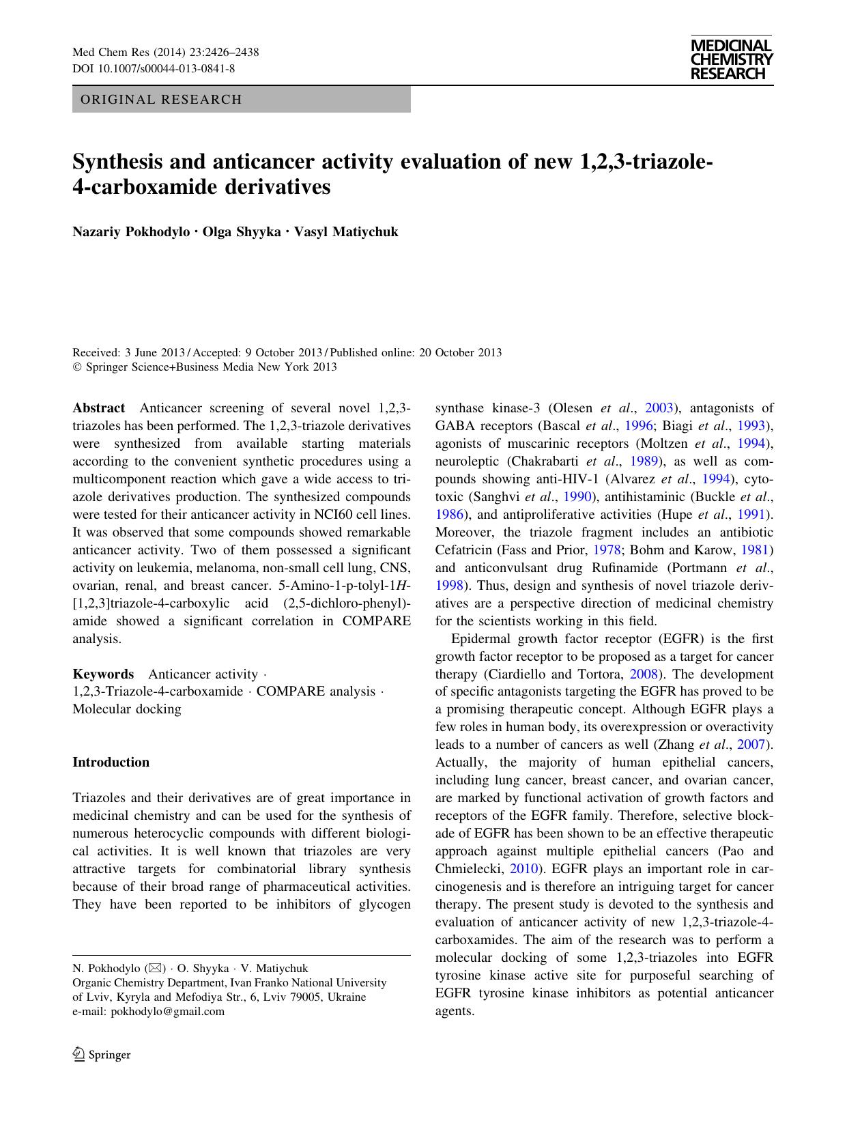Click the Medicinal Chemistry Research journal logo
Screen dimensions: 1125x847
tap(731, 59)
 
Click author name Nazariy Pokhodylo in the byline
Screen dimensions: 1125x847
tap(131, 231)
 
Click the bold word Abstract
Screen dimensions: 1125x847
tap(99, 408)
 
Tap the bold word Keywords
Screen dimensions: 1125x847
tap(103, 674)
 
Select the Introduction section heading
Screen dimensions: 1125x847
tap(111, 763)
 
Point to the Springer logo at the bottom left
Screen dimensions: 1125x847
tap(102, 1055)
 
